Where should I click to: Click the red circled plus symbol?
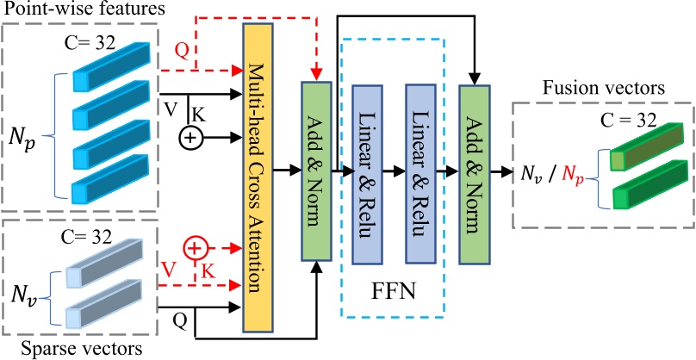point(196,249)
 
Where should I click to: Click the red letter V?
point(172,267)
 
